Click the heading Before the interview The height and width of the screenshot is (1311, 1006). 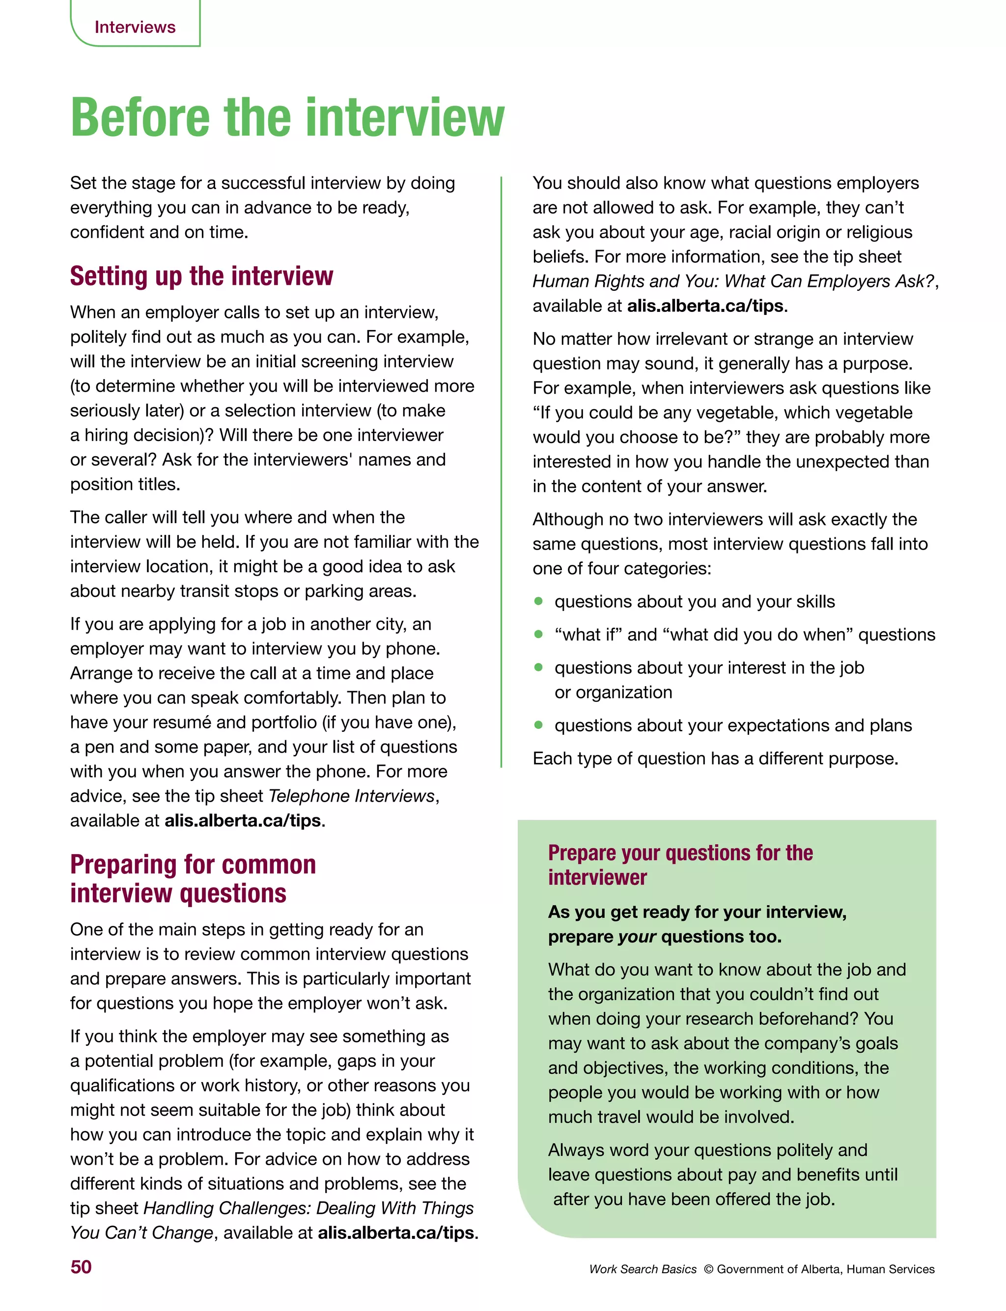coord(287,118)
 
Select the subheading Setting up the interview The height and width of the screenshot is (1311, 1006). coord(201,276)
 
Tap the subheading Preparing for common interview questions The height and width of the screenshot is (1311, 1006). coord(193,878)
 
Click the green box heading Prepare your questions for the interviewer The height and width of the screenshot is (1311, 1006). coord(680,865)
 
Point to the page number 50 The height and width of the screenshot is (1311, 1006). coord(81,1267)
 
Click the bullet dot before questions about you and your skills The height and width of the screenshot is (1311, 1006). coord(538,601)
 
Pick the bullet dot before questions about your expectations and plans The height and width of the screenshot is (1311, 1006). coord(538,725)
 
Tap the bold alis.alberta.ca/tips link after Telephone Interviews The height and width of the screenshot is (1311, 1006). coord(243,820)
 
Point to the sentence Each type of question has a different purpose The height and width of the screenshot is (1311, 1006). coord(715,758)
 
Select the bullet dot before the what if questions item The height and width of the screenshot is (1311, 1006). coord(538,634)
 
